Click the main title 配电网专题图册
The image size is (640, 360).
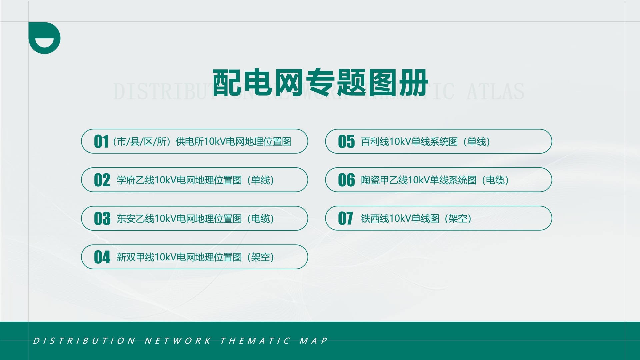point(320,82)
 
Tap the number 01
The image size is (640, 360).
point(101,142)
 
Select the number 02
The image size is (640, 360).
point(102,180)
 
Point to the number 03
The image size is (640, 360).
point(102,219)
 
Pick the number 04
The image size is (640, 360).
point(102,257)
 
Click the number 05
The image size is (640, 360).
point(346,142)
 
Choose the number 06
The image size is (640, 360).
point(346,180)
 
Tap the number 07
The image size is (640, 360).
point(345,219)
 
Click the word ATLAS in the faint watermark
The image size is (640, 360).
point(495,92)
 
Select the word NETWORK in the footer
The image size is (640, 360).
point(178,341)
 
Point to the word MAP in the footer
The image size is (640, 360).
point(313,341)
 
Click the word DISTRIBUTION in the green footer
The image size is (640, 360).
point(84,341)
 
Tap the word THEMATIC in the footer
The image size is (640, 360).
point(255,341)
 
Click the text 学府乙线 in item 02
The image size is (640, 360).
point(135,180)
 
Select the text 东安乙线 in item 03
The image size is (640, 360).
point(135,219)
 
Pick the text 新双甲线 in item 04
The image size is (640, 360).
point(135,257)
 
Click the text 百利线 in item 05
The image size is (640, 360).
point(375,142)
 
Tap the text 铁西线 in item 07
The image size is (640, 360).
point(375,219)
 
